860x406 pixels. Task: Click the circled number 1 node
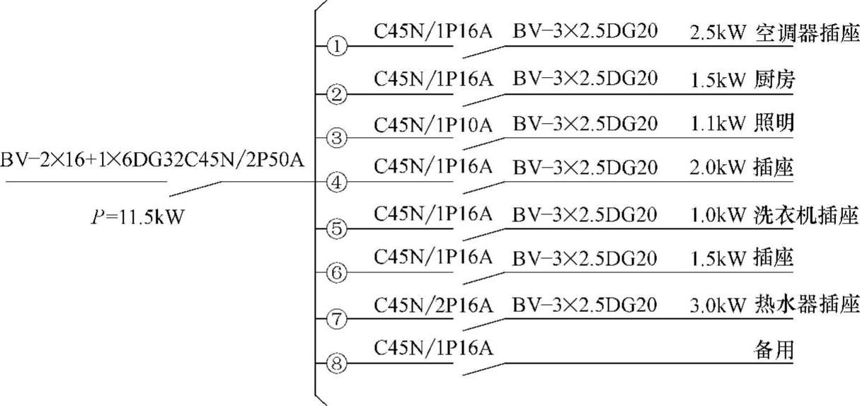tap(338, 47)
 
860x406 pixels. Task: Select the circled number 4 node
tap(338, 182)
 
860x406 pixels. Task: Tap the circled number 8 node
tap(338, 364)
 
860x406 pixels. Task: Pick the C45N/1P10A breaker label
tap(432, 124)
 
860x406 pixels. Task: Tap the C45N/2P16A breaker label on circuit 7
tap(432, 305)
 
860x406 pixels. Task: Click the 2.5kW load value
tap(718, 33)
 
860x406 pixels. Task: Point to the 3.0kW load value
tap(718, 306)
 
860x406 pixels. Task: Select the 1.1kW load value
tap(718, 124)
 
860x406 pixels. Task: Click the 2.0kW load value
tap(718, 169)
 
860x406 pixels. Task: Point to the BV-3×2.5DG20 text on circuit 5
tap(585, 214)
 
